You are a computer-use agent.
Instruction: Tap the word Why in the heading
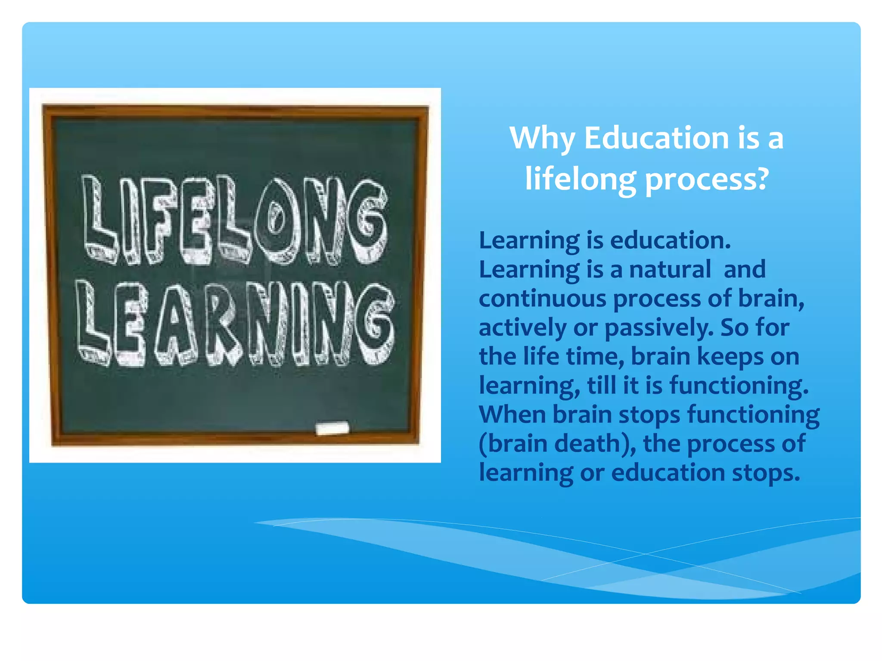point(542,139)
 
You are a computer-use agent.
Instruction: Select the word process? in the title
point(707,180)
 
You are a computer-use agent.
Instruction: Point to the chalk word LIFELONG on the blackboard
point(235,219)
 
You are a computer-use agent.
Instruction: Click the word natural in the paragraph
point(670,269)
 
